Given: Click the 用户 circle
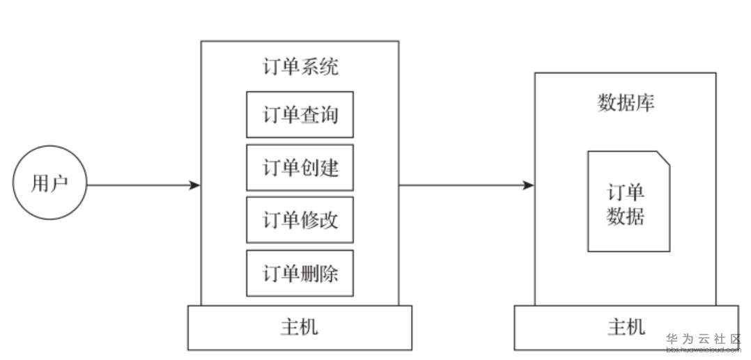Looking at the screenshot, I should pyautogui.click(x=49, y=185).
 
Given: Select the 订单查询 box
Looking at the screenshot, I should pyautogui.click(x=300, y=114).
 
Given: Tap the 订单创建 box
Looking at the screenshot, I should pyautogui.click(x=300, y=167).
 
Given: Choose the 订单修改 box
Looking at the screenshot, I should pyautogui.click(x=300, y=220).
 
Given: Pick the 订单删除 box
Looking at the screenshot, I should pyautogui.click(x=300, y=273).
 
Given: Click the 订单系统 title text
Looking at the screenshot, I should pyautogui.click(x=300, y=68).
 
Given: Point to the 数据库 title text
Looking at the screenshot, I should pyautogui.click(x=626, y=102).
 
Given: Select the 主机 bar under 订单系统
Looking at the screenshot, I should pyautogui.click(x=300, y=327).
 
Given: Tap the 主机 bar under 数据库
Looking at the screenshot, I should pyautogui.click(x=626, y=327).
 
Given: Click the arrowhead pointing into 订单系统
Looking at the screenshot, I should pyautogui.click(x=195, y=185).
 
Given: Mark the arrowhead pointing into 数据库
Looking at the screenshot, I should pyautogui.click(x=529, y=185).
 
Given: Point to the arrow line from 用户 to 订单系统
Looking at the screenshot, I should pyautogui.click(x=139, y=185).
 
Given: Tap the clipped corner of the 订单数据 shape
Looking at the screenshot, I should pyautogui.click(x=664, y=157).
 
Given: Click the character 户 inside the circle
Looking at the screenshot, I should pyautogui.click(x=59, y=185).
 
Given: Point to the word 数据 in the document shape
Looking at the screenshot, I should pyautogui.click(x=626, y=217).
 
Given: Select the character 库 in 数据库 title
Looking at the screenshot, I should pyautogui.click(x=645, y=102).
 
